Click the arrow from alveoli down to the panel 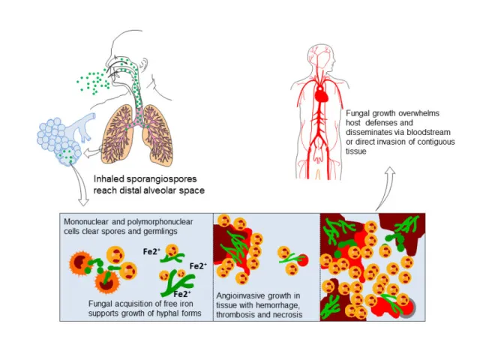coord(82,193)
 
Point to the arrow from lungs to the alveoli coord(92,151)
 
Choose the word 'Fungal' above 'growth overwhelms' coord(358,112)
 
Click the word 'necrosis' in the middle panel coord(286,315)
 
